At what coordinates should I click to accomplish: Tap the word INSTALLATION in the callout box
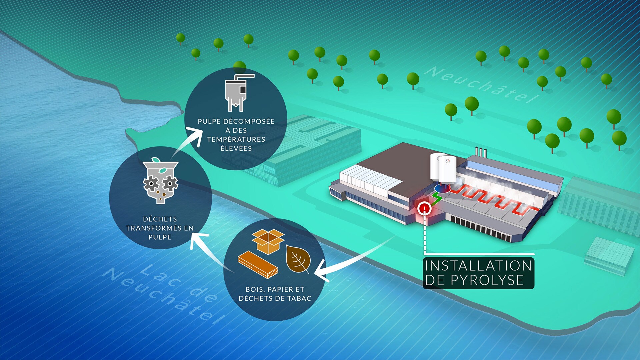[x=478, y=266]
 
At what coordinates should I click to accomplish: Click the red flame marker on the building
[x=424, y=208]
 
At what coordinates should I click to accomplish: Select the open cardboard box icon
[x=268, y=241]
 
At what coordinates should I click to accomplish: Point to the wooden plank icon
[x=258, y=265]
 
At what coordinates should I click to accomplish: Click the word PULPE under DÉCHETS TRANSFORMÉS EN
[x=160, y=237]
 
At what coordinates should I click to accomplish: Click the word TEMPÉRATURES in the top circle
[x=236, y=139]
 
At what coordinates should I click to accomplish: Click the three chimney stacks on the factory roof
[x=481, y=152]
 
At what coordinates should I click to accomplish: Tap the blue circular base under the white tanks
[x=442, y=188]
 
